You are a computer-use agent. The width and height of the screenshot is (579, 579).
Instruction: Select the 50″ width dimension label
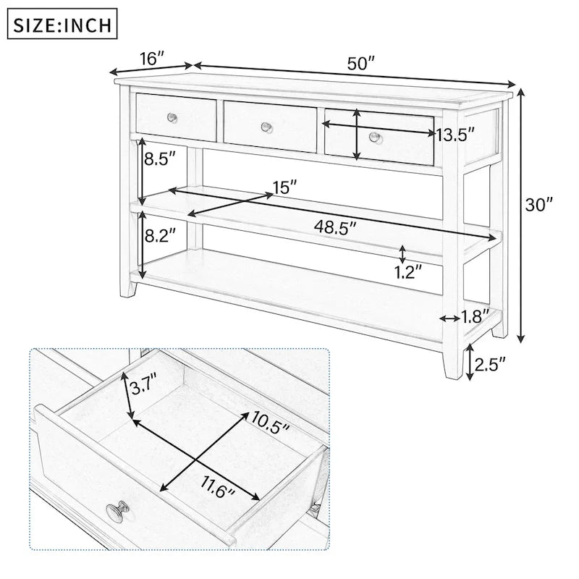click(360, 64)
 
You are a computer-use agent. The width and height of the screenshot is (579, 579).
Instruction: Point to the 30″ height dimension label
click(538, 205)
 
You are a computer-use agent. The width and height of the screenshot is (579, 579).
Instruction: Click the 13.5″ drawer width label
click(455, 134)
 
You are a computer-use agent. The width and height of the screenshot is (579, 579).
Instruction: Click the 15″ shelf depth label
click(284, 187)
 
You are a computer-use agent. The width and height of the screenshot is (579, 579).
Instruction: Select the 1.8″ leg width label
click(476, 316)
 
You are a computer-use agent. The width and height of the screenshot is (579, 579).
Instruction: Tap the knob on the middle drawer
click(266, 127)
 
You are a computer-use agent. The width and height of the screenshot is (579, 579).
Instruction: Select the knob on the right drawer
click(374, 136)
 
